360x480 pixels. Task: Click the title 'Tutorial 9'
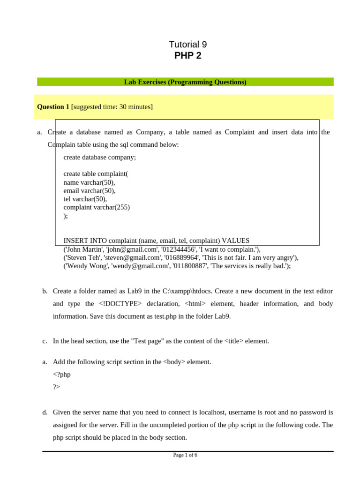click(x=187, y=45)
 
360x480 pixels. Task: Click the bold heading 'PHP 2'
click(x=187, y=56)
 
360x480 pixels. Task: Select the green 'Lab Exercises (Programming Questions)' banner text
click(x=185, y=82)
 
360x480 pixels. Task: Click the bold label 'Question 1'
click(x=53, y=107)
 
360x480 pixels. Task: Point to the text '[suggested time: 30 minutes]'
click(x=112, y=107)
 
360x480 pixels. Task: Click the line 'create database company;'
click(x=99, y=157)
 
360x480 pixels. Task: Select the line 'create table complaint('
click(x=96, y=174)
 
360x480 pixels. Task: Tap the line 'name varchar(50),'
click(x=89, y=182)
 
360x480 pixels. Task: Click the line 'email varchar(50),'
click(x=90, y=191)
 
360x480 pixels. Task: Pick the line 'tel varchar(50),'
click(x=85, y=199)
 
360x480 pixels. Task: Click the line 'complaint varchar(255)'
click(x=97, y=207)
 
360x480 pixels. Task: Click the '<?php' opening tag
click(x=62, y=375)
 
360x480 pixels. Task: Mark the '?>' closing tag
click(x=56, y=387)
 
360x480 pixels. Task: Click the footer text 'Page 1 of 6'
click(x=185, y=455)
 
